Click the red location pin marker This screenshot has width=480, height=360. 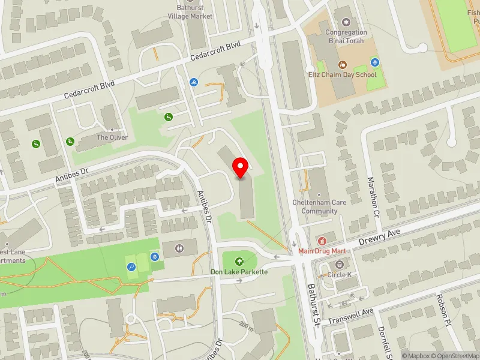click(241, 167)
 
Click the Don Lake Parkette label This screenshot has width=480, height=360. click(239, 272)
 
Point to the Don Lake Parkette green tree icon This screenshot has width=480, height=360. click(239, 261)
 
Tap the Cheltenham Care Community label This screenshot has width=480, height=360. click(319, 206)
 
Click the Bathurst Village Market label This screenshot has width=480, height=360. click(191, 12)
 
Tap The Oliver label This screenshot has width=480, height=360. click(112, 137)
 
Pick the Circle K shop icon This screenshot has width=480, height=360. click(340, 265)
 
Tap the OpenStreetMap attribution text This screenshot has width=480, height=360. click(455, 356)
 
